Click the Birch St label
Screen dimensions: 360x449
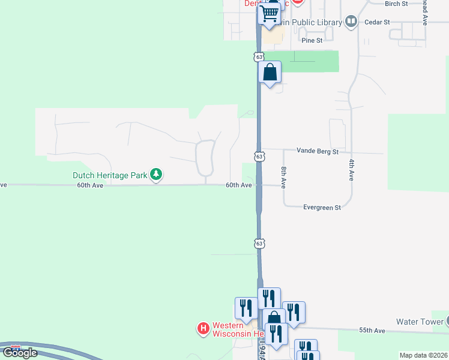click(396, 4)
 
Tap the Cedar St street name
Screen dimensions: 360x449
click(378, 22)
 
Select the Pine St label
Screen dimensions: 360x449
click(312, 41)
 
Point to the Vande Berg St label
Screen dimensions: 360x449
click(318, 152)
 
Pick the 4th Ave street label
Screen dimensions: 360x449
click(352, 170)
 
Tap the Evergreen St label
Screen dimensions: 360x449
click(322, 208)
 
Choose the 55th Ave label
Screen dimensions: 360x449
click(372, 331)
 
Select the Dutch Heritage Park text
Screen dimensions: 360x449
click(110, 176)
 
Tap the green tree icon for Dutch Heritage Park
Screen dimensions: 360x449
click(156, 175)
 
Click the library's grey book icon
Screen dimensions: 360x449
click(351, 22)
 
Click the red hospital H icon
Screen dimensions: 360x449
click(203, 328)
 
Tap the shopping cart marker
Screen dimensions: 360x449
click(270, 12)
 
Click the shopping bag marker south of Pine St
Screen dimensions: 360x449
click(270, 73)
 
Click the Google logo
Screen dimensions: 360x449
click(19, 353)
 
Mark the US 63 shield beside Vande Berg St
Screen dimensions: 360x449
click(259, 156)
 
